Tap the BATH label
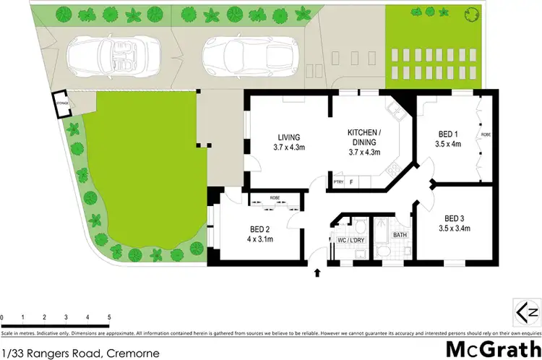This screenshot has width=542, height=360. [399, 235]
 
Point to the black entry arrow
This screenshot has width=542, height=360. [317, 273]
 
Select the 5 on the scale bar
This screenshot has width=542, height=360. [108, 317]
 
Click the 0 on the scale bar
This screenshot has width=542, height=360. [3, 317]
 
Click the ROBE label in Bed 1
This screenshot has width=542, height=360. [486, 135]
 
